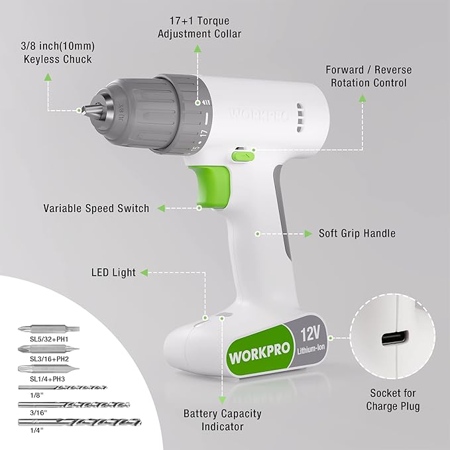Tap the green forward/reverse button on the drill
point(243,155)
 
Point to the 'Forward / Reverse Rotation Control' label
point(368,77)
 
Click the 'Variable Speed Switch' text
point(96,208)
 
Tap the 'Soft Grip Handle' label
point(357,233)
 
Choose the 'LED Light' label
point(113,272)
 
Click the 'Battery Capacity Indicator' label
point(222,420)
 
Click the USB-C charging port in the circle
point(392,339)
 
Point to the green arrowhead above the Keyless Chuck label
point(48,76)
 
